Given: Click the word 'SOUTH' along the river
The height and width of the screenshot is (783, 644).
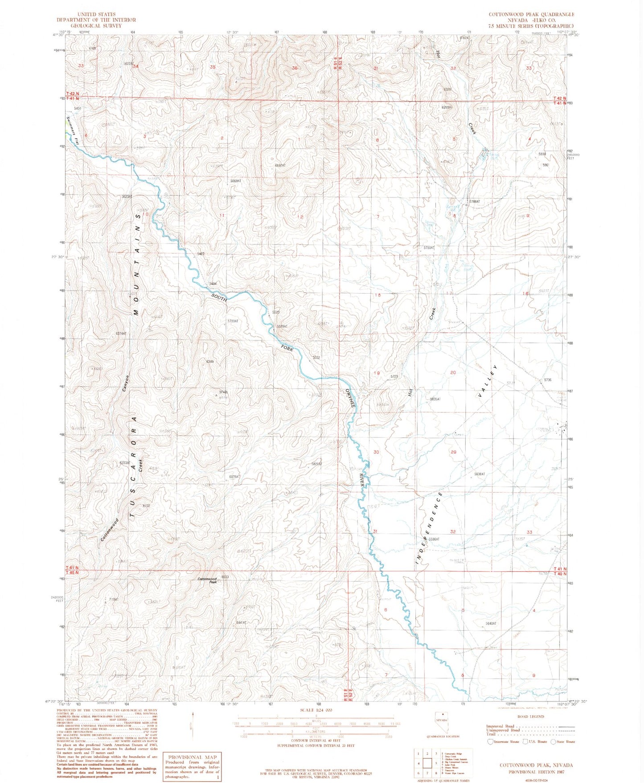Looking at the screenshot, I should [219, 297].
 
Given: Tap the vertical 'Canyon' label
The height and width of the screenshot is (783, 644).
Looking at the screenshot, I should [126, 383].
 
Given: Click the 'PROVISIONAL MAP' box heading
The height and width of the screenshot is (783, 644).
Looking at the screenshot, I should [192, 757].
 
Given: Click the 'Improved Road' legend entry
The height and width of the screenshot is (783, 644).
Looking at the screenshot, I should [500, 726].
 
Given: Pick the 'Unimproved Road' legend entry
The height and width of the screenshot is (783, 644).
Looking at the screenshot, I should [503, 730].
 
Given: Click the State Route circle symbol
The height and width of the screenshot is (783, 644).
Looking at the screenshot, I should [553, 742].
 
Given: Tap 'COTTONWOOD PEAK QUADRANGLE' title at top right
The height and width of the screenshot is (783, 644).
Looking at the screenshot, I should [531, 14].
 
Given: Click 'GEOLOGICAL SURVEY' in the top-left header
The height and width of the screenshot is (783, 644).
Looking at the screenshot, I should [96, 25].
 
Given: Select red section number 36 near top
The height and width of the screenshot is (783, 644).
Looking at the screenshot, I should [294, 68].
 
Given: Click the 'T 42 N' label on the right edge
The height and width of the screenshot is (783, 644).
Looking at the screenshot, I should [559, 98].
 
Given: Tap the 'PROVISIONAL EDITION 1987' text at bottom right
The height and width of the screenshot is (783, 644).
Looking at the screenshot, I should [536, 772].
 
